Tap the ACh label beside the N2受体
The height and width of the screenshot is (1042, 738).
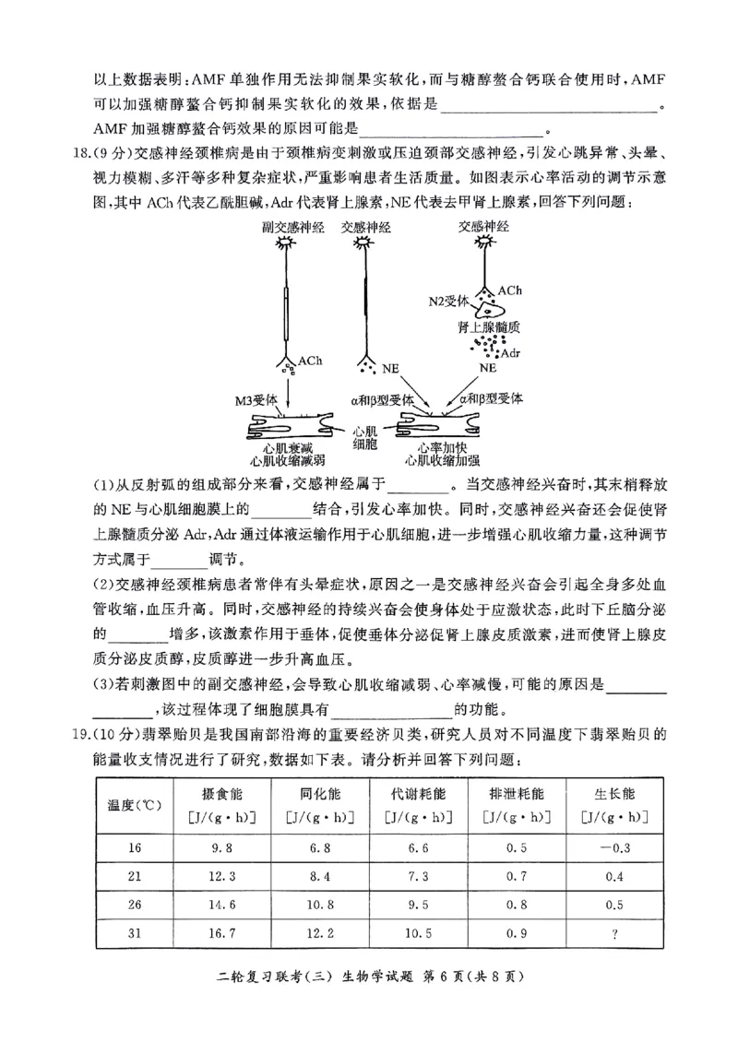click(510, 290)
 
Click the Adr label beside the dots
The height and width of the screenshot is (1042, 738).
click(510, 353)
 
